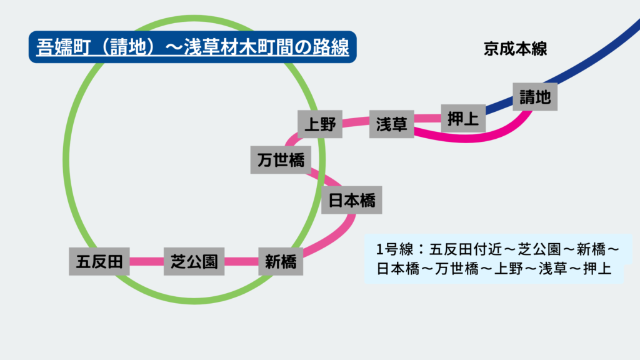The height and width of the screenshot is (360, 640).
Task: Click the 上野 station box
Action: point(320,125)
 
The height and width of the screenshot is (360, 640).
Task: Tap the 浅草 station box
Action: point(392,124)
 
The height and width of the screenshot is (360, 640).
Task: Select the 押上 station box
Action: point(464,118)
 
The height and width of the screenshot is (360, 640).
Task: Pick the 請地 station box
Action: point(535,97)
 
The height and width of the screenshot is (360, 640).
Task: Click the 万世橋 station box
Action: point(281,161)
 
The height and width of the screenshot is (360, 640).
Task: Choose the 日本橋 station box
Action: point(352,201)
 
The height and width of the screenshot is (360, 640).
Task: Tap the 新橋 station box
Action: point(281,262)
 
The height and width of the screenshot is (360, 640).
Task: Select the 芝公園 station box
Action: point(194,261)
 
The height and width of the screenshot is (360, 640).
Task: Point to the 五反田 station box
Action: point(99,261)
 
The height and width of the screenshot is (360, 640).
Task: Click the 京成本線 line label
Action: point(516,49)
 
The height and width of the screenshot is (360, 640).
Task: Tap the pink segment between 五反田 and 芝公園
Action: point(147,261)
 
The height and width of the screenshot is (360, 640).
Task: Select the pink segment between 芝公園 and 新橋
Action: point(241,261)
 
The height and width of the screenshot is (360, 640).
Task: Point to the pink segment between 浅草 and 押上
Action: point(428,118)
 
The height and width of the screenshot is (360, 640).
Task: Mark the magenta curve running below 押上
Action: point(462,137)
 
